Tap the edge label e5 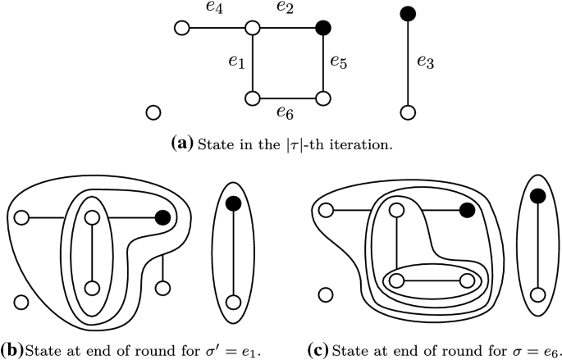pyautogui.click(x=338, y=63)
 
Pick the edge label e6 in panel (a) pyautogui.click(x=287, y=112)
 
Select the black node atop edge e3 pyautogui.click(x=404, y=13)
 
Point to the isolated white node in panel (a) pyautogui.click(x=152, y=113)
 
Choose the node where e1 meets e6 pyautogui.click(x=254, y=98)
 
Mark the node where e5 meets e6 pyautogui.click(x=322, y=98)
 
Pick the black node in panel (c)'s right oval pyautogui.click(x=538, y=195)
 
